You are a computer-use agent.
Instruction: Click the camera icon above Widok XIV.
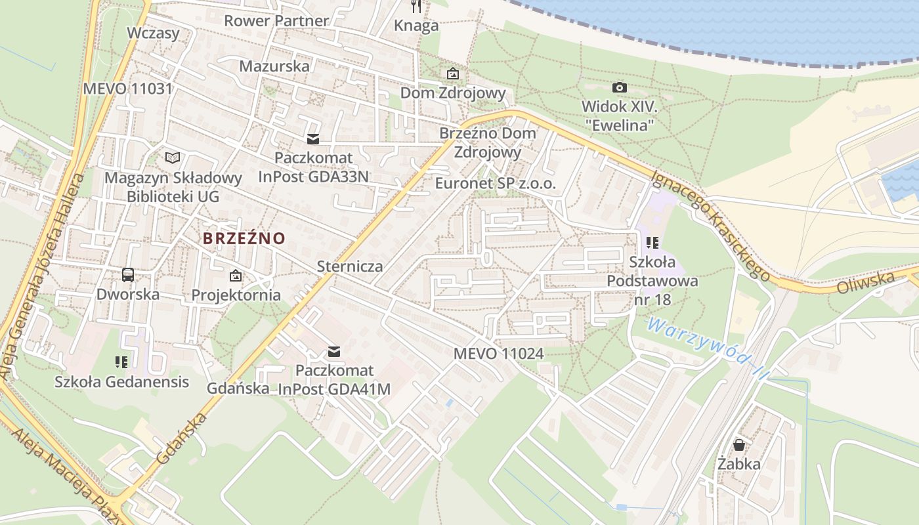pos(619,87)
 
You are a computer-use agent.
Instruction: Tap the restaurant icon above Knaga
pos(416,6)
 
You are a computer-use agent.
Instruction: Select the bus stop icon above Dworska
pos(128,275)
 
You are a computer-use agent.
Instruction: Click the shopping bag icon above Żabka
pos(739,445)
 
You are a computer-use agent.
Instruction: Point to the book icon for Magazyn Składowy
pos(173,157)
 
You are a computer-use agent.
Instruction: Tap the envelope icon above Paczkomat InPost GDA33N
pos(313,138)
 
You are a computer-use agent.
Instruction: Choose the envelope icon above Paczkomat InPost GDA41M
pos(334,352)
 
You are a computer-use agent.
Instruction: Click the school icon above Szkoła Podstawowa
pos(652,243)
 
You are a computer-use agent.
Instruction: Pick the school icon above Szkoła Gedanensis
pos(121,362)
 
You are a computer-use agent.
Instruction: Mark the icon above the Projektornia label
pos(236,276)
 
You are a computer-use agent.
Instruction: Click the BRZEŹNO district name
pos(244,238)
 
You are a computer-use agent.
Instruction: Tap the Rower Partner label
pos(276,21)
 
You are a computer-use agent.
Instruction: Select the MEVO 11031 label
pos(127,89)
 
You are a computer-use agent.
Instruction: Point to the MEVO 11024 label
pos(498,354)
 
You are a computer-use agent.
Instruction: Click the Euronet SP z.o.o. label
pos(496,183)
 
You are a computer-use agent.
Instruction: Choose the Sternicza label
pos(350,266)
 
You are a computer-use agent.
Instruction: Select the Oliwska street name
pos(866,283)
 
